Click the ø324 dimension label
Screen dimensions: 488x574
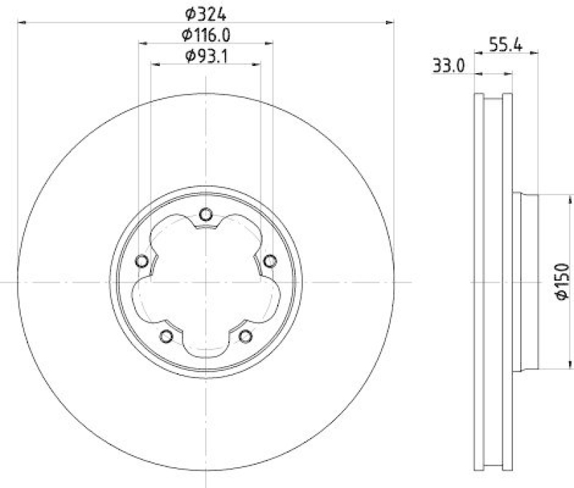(205, 12)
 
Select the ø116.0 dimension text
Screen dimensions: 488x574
(205, 34)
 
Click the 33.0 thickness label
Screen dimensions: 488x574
(450, 66)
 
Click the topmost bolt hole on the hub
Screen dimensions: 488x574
(206, 213)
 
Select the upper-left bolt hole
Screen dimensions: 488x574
(141, 261)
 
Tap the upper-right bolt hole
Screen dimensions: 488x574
(270, 261)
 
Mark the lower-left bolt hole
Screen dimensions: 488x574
(166, 336)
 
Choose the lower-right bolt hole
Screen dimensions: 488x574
(245, 336)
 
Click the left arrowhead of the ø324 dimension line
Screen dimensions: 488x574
(21, 23)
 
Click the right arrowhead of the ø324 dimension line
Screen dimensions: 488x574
(391, 23)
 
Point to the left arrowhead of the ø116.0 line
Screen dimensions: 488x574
(142, 44)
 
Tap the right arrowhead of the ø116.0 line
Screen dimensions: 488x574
(270, 44)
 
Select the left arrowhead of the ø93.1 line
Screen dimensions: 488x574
(155, 65)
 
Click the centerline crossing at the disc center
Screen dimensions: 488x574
(206, 282)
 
